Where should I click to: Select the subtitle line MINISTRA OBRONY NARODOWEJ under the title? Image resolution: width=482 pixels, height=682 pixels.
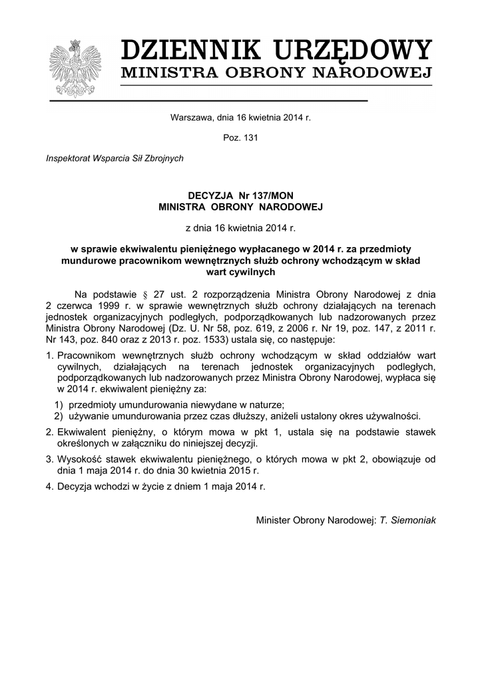(x=276, y=73)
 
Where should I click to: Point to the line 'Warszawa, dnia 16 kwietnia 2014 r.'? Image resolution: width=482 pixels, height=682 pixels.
(x=240, y=117)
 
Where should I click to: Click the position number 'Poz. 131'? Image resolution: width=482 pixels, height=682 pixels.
(x=240, y=138)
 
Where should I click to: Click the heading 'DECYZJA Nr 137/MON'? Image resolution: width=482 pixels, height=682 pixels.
(x=240, y=196)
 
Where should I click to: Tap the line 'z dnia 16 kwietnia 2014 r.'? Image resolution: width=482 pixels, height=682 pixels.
(x=240, y=228)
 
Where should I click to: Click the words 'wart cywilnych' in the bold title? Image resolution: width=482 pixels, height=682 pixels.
(x=240, y=271)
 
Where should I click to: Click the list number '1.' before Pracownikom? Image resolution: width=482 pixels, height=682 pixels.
(x=50, y=356)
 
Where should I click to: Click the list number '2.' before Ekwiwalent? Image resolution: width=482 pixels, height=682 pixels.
(x=50, y=432)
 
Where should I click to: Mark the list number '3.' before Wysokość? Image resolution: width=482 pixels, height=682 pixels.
(x=50, y=459)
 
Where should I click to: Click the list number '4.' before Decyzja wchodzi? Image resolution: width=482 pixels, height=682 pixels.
(x=50, y=486)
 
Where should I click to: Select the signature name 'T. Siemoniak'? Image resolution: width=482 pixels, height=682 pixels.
(x=408, y=519)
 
